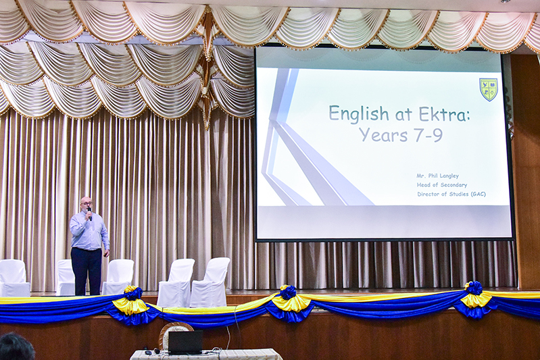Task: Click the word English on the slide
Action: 359,114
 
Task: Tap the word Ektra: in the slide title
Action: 444,113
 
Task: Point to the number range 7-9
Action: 428,134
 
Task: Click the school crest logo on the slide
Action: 489,89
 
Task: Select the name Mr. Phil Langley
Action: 437,176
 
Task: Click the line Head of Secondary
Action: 442,185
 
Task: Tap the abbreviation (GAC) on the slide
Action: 478,194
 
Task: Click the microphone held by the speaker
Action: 89,213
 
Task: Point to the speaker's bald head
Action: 86,201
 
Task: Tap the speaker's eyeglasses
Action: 87,203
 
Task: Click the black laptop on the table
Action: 185,342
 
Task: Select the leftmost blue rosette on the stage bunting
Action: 133,294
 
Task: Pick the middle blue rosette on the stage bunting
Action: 288,292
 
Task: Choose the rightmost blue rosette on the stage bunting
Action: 474,288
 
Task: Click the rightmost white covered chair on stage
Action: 210,282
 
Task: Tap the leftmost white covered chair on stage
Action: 14,278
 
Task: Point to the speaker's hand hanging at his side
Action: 106,253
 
